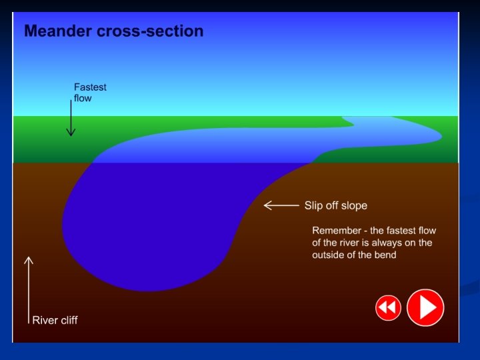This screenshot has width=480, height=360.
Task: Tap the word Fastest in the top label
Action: [90, 87]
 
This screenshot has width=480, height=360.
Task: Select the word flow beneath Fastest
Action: [83, 98]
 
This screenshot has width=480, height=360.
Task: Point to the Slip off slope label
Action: [335, 205]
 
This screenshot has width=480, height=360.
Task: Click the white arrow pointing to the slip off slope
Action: [281, 205]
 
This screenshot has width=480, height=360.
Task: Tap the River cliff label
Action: [55, 320]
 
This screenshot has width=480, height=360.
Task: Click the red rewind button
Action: [388, 307]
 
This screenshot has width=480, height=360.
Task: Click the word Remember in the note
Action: [336, 231]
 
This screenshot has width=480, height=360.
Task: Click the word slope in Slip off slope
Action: [353, 205]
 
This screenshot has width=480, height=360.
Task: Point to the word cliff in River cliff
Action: [67, 320]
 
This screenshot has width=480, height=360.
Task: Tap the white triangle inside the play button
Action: [427, 307]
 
